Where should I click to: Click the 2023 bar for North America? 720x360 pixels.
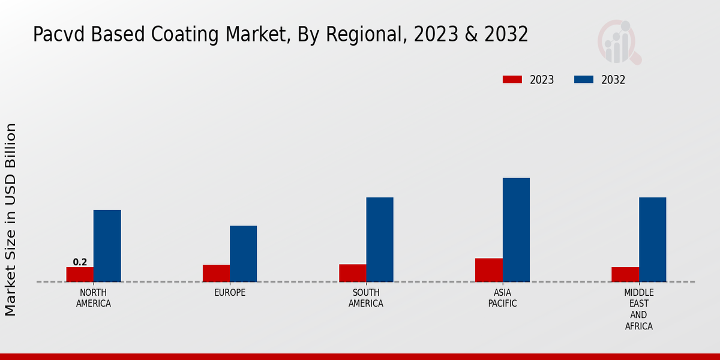point(80,274)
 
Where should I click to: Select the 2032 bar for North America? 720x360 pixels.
point(107,246)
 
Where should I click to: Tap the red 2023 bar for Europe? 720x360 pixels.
point(216,273)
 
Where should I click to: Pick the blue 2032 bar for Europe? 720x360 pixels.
point(243,254)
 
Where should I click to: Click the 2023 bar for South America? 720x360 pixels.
point(352,273)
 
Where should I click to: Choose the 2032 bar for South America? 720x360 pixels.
point(380,239)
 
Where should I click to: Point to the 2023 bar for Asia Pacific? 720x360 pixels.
point(488,270)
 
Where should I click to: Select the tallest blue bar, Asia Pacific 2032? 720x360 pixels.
point(516,230)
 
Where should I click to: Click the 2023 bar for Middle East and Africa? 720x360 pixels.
point(625,274)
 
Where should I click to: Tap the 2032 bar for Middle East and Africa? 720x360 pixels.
point(652,239)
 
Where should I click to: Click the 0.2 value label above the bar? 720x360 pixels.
point(80,262)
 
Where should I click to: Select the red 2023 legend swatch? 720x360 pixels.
point(512,80)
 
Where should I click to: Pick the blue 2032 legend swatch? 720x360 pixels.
point(584,80)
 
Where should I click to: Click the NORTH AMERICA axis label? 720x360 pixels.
point(93,298)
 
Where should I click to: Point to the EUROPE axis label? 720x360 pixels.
point(230,293)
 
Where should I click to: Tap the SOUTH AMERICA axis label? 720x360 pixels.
point(366,298)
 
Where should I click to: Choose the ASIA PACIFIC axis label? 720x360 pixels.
point(502,298)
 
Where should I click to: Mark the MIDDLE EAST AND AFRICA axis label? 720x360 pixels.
point(638,309)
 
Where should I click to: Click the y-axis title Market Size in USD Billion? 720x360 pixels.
point(11,219)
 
